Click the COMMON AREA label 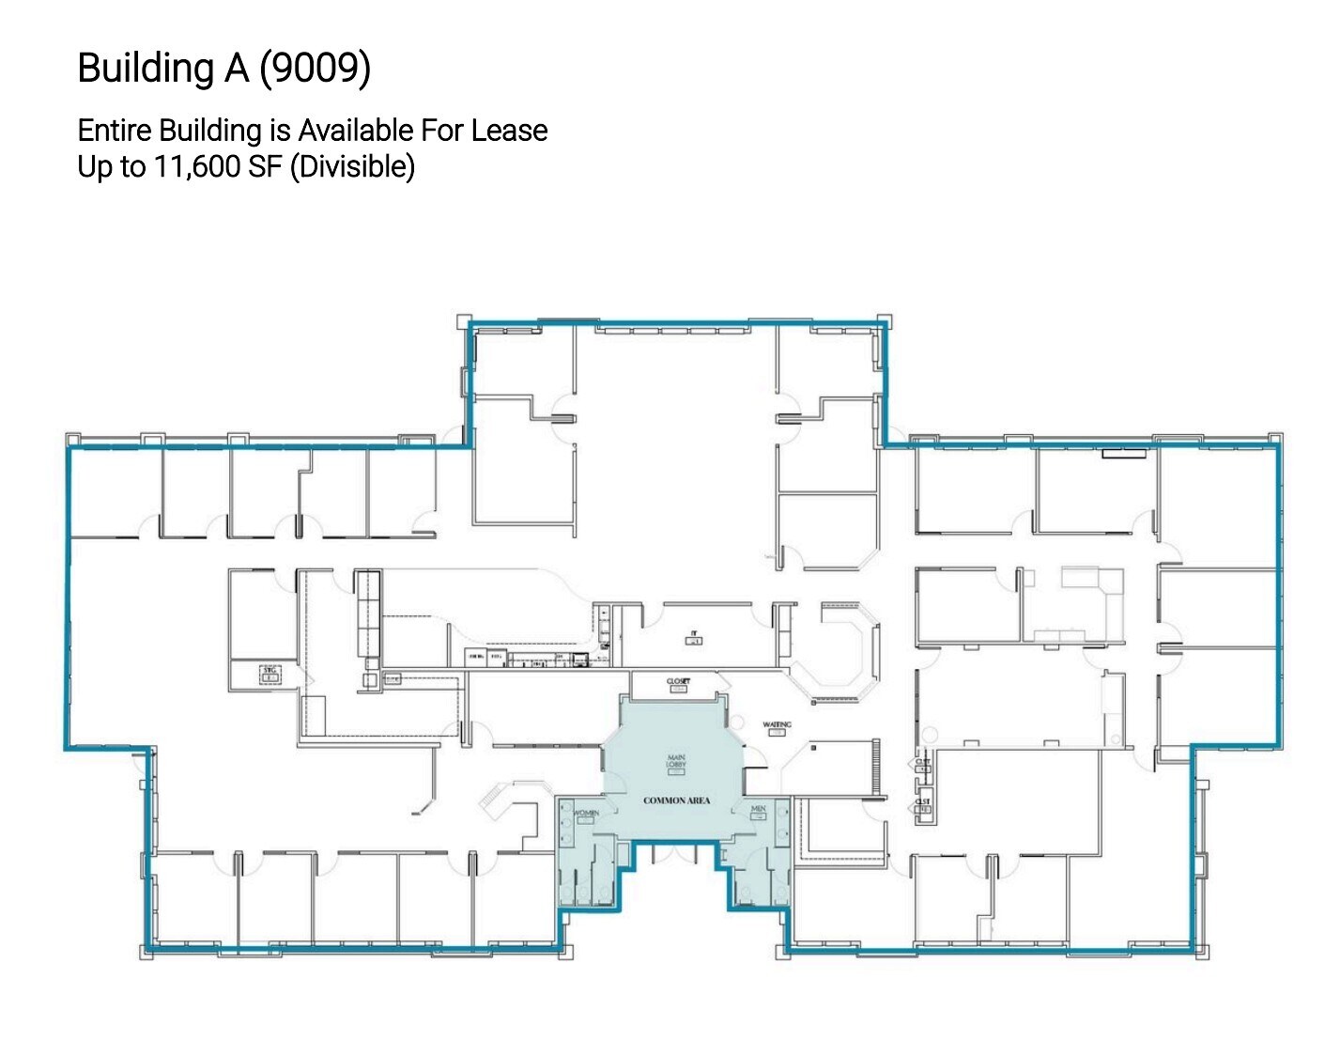pos(676,800)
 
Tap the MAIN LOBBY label pos(676,761)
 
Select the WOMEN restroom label pos(586,813)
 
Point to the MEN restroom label pos(758,809)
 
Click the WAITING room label pos(777,724)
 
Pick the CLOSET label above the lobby pos(678,681)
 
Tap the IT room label pos(694,634)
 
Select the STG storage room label pos(270,669)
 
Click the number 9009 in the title pos(315,68)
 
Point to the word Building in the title pos(146,68)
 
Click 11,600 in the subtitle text pos(197,166)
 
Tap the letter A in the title pos(237,68)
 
